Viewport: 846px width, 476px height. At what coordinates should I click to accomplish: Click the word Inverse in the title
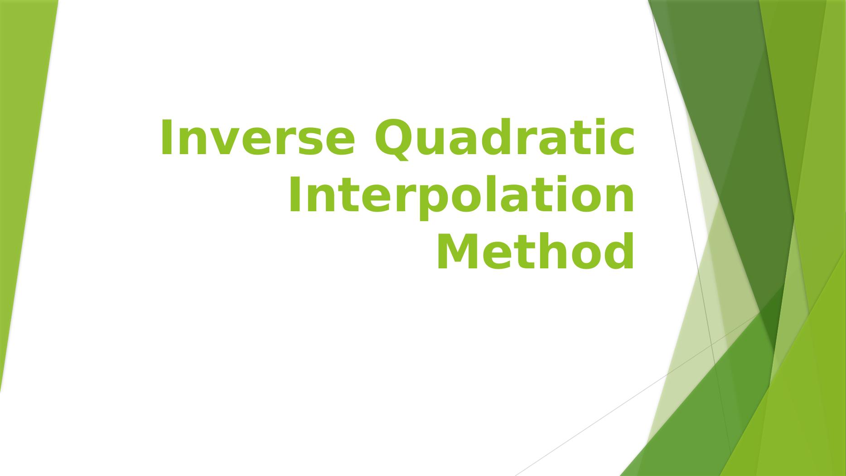pyautogui.click(x=257, y=137)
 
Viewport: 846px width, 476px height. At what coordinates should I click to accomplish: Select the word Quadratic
pyautogui.click(x=504, y=139)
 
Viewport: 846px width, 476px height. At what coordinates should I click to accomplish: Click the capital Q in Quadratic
pyautogui.click(x=393, y=138)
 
